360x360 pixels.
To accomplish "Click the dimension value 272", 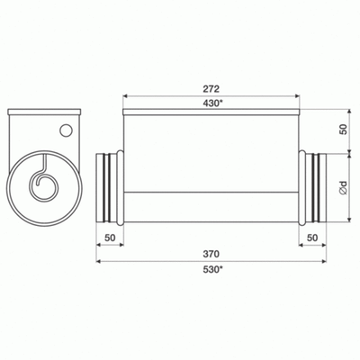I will (x=212, y=90).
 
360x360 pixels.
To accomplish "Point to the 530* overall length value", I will (x=213, y=270).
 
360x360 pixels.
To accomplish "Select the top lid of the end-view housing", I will (x=44, y=111).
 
